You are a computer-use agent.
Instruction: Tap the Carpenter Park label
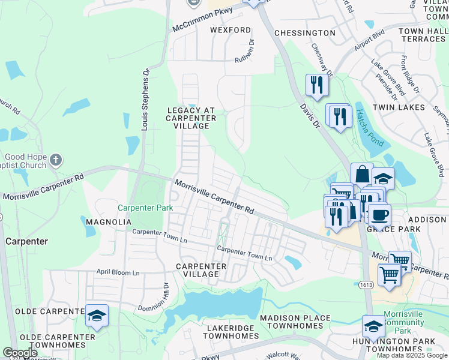coord(145,208)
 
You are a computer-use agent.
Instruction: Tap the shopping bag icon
coord(362,175)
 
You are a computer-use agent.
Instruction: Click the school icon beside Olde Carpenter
coord(97,316)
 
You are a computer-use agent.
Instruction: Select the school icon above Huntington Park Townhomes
coord(373,327)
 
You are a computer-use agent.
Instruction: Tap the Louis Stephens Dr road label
coord(145,99)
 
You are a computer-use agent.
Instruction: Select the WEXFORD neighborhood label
coord(231,30)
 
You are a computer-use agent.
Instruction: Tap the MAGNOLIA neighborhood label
coord(109,222)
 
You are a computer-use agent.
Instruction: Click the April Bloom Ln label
coord(118,272)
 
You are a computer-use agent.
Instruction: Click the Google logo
coord(20,353)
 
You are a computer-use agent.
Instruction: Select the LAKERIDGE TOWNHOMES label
coord(231,332)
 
